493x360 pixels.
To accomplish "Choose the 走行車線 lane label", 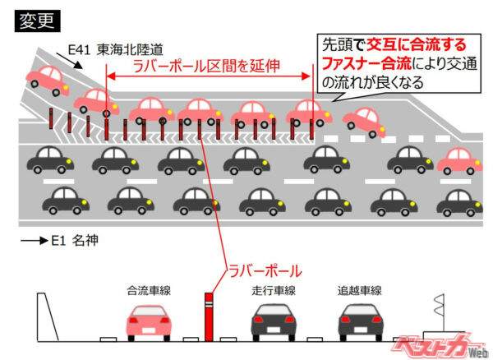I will [274, 290].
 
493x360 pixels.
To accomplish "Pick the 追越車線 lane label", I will [360, 290].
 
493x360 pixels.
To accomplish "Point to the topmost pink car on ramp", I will [48, 78].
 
